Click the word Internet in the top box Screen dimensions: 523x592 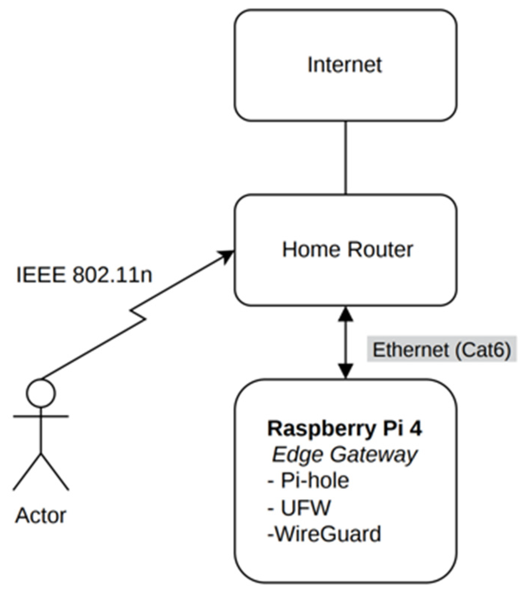(345, 65)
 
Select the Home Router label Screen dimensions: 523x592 (348, 249)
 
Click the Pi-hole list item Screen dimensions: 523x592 (308, 481)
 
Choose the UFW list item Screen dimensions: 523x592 (299, 507)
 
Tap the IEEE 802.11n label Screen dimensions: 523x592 (84, 276)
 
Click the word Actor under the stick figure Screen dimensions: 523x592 (41, 516)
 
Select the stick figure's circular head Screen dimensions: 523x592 (41, 393)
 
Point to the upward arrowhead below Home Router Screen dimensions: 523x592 (346, 314)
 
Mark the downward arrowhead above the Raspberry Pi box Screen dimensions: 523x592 (346, 370)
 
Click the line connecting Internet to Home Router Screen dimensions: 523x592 (346, 158)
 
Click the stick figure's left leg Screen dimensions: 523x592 (27, 471)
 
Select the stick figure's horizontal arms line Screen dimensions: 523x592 (41, 416)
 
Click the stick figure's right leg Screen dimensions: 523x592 (55, 471)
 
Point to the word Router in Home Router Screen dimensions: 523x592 (380, 249)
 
